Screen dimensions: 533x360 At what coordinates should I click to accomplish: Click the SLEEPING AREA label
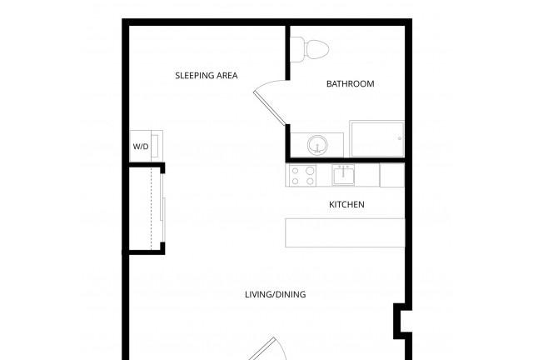click(x=207, y=76)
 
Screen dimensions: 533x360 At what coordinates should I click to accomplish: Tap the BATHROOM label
click(x=350, y=83)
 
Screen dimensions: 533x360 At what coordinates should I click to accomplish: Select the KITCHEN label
click(x=346, y=204)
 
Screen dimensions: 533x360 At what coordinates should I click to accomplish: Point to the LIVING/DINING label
click(x=276, y=294)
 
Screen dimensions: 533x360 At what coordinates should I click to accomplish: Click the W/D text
click(x=141, y=147)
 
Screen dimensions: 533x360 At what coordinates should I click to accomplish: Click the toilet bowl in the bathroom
click(x=317, y=49)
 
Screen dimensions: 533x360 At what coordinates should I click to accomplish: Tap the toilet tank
click(x=298, y=49)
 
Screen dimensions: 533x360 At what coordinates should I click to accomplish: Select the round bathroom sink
click(x=317, y=145)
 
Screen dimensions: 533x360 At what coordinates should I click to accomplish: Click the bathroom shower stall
click(x=377, y=138)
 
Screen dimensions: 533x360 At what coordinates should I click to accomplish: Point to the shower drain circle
click(x=400, y=138)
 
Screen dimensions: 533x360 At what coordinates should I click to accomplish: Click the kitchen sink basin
click(x=343, y=175)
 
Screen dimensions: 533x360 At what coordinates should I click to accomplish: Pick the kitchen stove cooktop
click(x=302, y=176)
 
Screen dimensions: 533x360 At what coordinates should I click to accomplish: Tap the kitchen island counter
click(x=345, y=232)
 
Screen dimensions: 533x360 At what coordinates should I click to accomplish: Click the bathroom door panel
click(x=270, y=107)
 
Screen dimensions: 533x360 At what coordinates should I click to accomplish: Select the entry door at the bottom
click(x=262, y=349)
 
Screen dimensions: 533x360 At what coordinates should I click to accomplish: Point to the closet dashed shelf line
click(x=152, y=208)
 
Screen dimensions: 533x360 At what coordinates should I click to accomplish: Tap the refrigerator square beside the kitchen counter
click(x=392, y=175)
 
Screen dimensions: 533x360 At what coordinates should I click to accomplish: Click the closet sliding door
click(x=163, y=208)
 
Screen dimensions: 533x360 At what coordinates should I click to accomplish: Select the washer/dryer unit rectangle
click(x=147, y=146)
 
